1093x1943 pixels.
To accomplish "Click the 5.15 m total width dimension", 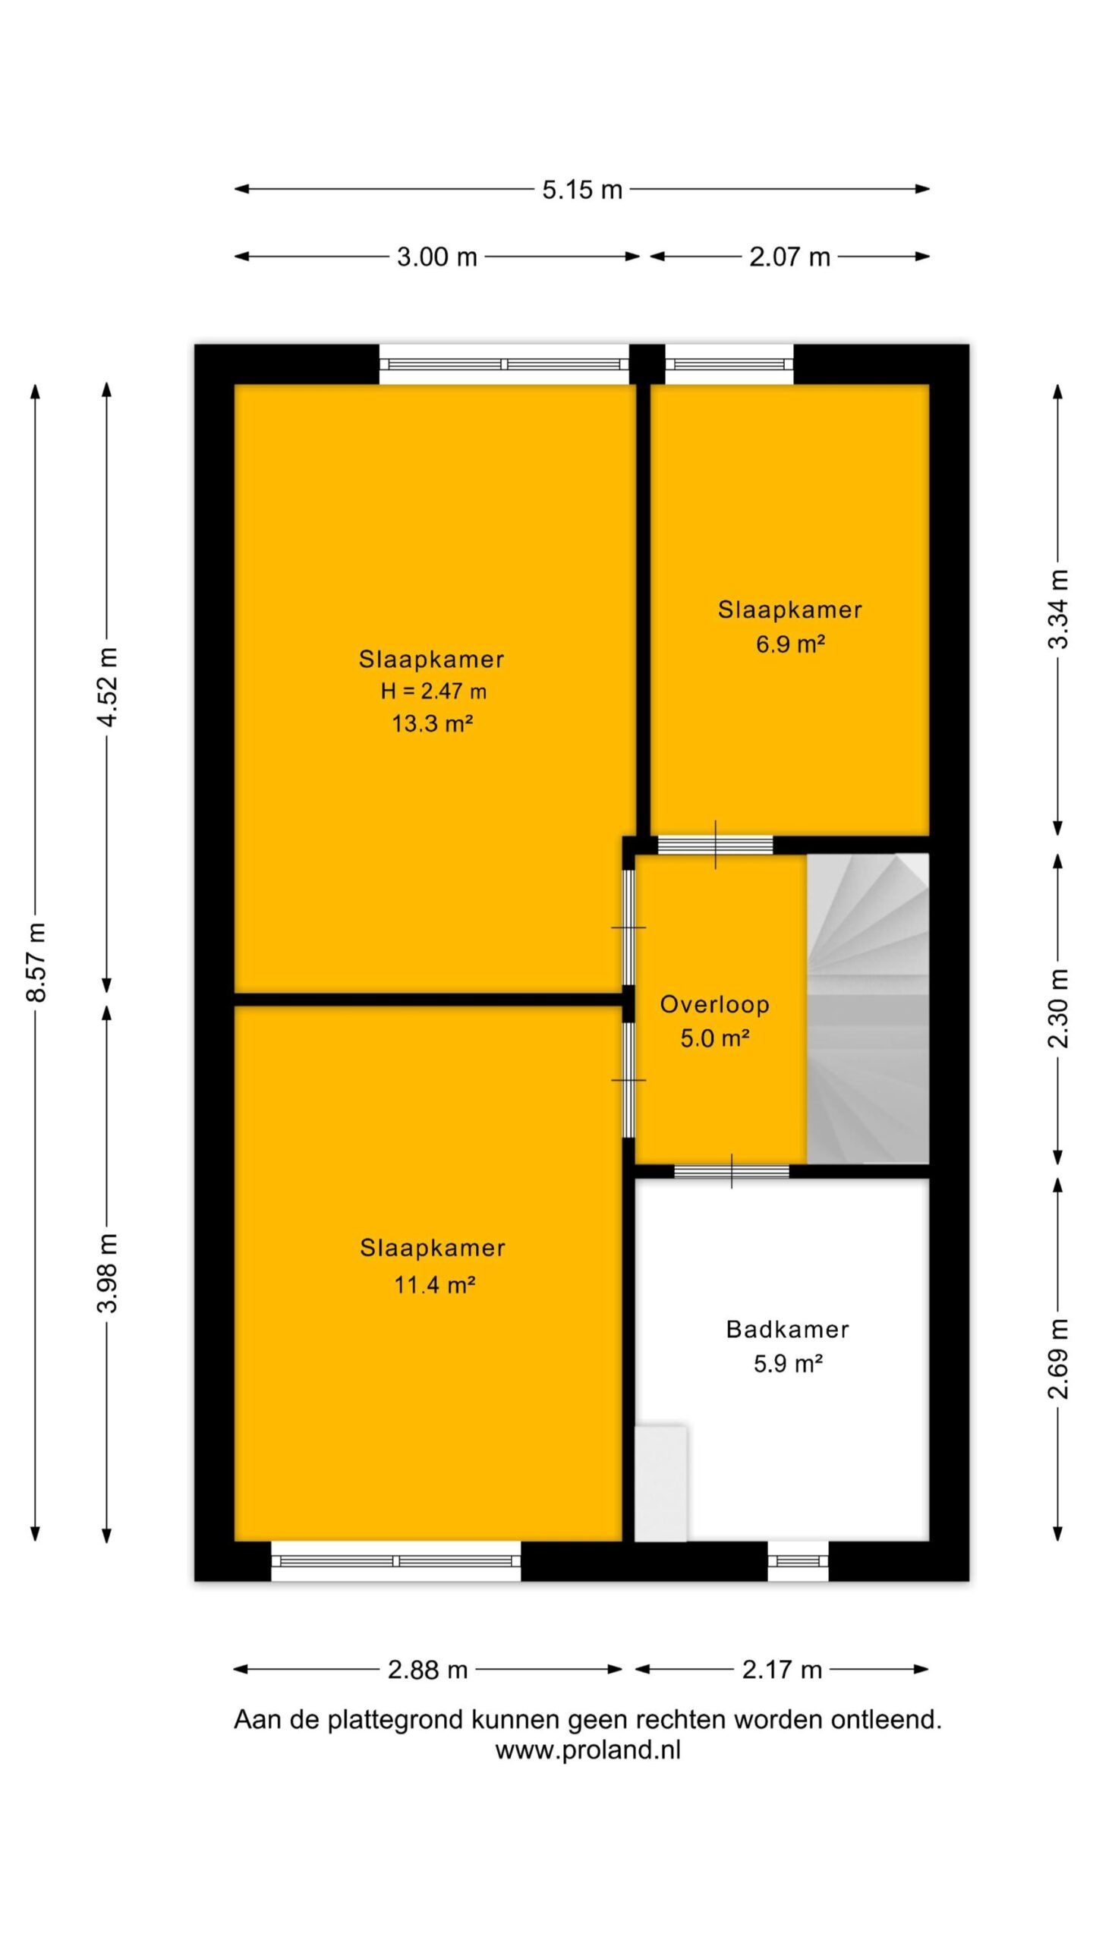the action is pos(582,189).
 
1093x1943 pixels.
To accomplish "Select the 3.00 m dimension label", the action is pos(436,257).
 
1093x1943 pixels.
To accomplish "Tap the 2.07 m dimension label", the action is pos(789,257).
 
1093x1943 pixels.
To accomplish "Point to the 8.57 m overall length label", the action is pos(36,962).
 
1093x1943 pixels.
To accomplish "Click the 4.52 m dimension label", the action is pos(107,687).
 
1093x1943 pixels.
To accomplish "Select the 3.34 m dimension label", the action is pos(1058,609).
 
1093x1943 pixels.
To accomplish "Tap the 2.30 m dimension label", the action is pos(1058,1008).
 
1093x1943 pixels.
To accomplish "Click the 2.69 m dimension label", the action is pos(1058,1358).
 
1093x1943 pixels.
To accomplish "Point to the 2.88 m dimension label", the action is pos(427,1669).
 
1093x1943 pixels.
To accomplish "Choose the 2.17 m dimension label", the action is pos(782,1669).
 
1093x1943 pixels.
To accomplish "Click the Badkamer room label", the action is pos(788,1329).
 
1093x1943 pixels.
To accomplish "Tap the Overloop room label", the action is pos(715,1004).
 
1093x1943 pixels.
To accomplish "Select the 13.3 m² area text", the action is pos(433,723).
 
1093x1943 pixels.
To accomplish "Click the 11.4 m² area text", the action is pos(434,1285).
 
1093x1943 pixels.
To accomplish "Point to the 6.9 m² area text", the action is pos(790,644).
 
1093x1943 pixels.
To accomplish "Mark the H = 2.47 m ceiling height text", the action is pos(433,691).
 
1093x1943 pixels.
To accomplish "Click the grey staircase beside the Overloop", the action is pos(868,1009).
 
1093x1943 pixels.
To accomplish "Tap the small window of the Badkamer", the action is pos(798,1561).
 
